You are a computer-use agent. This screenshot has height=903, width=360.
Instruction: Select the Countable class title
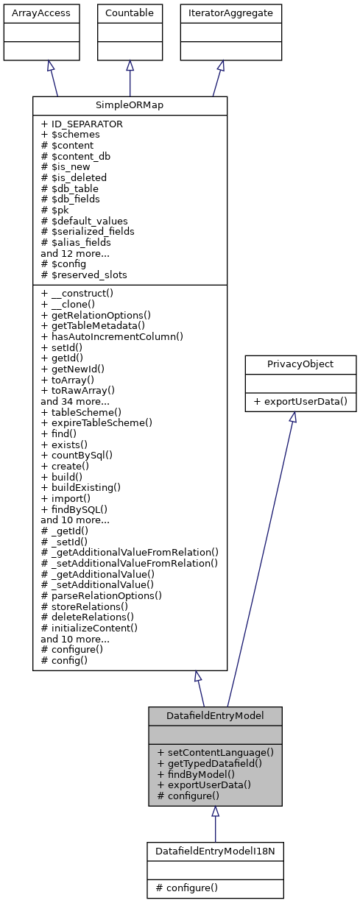pos(130,13)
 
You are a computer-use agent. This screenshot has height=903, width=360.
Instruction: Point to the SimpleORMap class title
pos(130,105)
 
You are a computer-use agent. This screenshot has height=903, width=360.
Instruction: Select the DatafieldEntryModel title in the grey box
pos(215,715)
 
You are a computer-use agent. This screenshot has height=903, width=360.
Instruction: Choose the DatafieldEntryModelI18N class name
pos(215,850)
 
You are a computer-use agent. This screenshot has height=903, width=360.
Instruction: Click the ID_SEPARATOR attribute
pos(82,124)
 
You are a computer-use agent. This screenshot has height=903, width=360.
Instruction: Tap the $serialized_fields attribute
pos(88,231)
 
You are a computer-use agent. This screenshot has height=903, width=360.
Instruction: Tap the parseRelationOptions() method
pos(102,595)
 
